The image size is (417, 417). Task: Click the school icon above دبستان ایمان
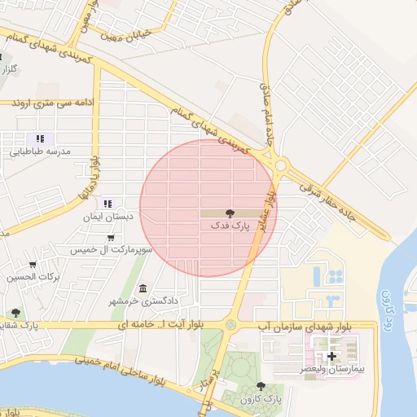point(108,204)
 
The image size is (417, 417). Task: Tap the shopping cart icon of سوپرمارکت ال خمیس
point(110,238)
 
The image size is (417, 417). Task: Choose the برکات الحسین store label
point(33,277)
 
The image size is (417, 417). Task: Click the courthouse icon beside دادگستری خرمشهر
point(143,289)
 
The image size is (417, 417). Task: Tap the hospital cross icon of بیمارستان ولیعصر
point(331,357)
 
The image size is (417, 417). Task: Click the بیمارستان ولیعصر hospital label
point(331,370)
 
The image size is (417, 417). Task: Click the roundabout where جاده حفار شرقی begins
point(281,165)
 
